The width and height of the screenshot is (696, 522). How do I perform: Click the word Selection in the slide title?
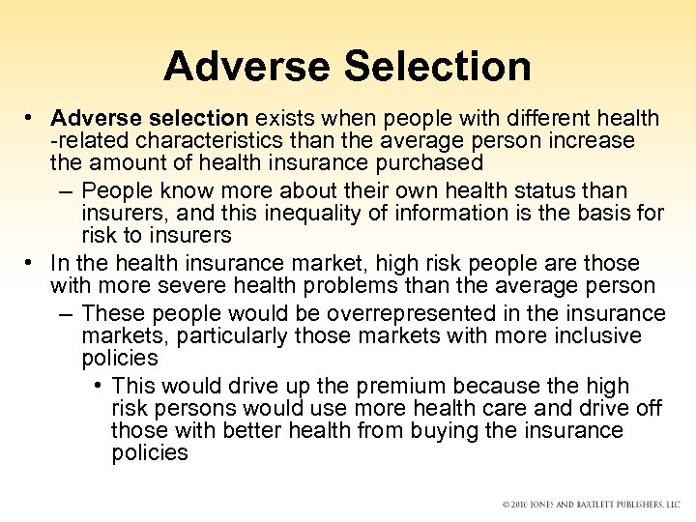click(x=437, y=67)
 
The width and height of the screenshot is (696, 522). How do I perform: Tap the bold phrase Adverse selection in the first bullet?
click(x=152, y=118)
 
